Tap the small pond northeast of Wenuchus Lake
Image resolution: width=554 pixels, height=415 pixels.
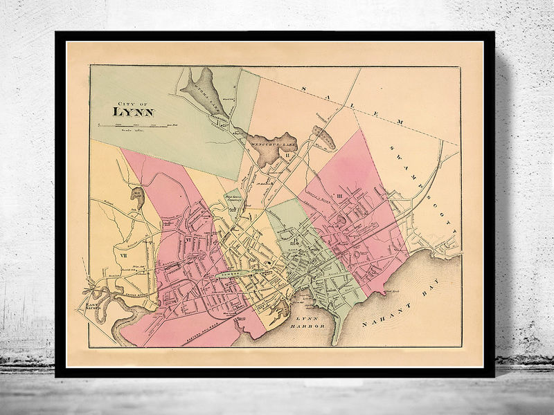tap(324, 138)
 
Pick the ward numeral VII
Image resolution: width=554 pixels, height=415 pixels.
tap(125, 256)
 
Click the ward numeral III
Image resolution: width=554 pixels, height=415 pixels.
tap(340, 196)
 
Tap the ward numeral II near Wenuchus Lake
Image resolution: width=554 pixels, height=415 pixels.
tap(286, 155)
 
